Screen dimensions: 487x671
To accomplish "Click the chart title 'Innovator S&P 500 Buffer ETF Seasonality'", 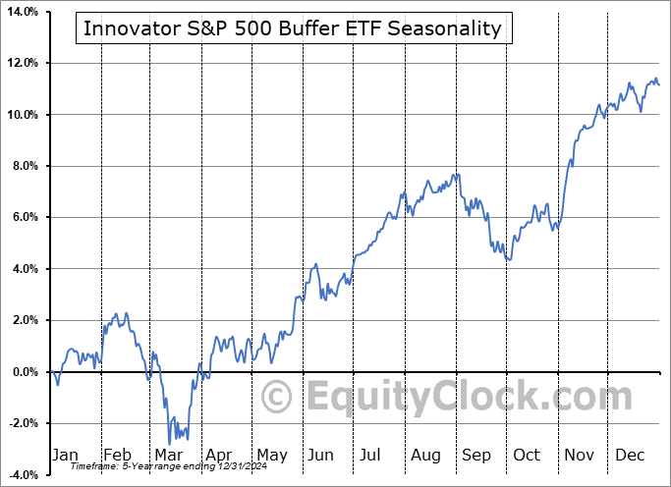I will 292,28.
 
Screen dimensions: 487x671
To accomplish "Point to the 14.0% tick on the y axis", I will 22,12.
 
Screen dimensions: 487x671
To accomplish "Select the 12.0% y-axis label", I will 22,63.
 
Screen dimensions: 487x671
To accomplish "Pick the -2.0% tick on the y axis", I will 23,423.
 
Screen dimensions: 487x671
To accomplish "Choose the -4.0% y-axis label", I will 23,474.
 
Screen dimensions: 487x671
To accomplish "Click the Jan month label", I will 65,455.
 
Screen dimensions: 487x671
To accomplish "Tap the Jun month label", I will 321,455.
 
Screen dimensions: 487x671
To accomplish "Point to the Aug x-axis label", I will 425,455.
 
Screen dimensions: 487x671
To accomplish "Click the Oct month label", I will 527,455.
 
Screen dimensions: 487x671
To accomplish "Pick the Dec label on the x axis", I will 630,455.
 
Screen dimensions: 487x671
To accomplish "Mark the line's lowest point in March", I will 170,443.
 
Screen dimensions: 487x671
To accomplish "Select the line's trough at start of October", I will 509,259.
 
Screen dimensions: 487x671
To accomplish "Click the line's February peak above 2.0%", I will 115,313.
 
